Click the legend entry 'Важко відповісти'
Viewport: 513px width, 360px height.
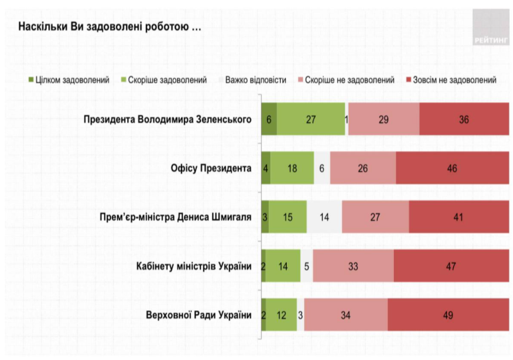(251, 80)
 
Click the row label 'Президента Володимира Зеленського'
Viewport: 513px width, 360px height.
(167, 119)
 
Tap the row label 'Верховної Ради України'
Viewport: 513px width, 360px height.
(199, 315)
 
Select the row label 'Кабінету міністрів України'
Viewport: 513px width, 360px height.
(193, 267)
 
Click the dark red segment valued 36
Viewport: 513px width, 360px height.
(464, 119)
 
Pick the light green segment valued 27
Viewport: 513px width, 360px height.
(311, 119)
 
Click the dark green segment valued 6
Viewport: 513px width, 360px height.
(269, 119)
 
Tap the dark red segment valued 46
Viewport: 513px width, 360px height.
(452, 168)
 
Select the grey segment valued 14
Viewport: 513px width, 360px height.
(325, 217)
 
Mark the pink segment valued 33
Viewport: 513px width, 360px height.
(353, 267)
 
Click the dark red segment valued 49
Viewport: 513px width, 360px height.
(448, 315)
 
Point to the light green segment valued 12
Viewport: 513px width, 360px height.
(281, 315)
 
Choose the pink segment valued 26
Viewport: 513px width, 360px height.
(363, 168)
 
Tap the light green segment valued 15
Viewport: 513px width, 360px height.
(287, 217)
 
